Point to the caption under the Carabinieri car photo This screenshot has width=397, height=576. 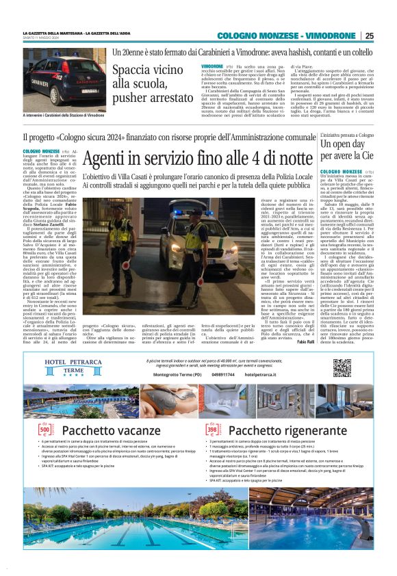coord(63,115)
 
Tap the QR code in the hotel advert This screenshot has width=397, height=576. coord(342,367)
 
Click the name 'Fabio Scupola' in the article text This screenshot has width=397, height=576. coord(60,205)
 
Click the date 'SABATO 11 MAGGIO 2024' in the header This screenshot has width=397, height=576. coord(45,38)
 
